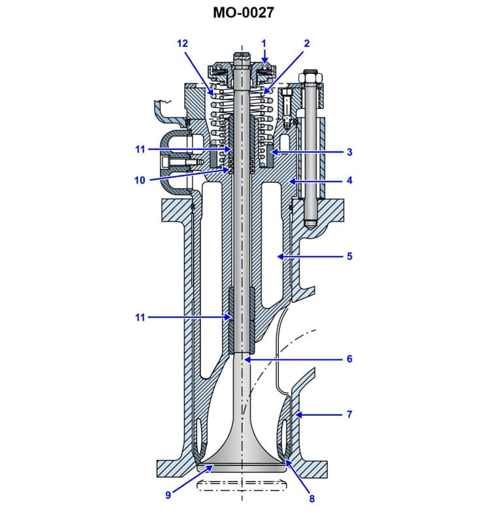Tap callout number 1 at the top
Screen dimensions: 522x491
click(x=264, y=43)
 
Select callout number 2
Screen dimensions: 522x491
click(x=307, y=43)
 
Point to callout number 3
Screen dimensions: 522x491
click(x=349, y=152)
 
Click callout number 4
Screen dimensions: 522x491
click(x=349, y=180)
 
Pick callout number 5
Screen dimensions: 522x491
click(x=349, y=256)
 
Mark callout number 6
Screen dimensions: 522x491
click(x=349, y=359)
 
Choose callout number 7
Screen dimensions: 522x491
click(x=349, y=414)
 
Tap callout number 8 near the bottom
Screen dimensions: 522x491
click(x=311, y=499)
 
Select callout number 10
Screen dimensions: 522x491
click(x=139, y=181)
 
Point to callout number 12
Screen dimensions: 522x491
click(x=182, y=43)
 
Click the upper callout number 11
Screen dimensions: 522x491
click(x=139, y=149)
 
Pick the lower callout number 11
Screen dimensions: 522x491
click(x=139, y=318)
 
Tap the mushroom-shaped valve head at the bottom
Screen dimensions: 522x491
click(x=243, y=457)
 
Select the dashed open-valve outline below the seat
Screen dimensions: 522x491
click(x=243, y=485)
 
